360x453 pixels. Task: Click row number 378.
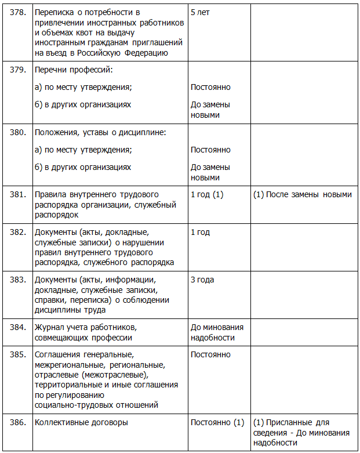[x=18, y=12]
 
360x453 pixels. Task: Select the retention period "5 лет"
[x=200, y=12]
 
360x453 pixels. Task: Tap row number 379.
[x=18, y=70]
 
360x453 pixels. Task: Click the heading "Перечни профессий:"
[x=73, y=70]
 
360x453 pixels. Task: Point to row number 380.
[x=18, y=132]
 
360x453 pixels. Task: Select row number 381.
[x=18, y=194]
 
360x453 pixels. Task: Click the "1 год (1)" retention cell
[x=207, y=194]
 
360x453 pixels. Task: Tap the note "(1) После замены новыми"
[x=303, y=194]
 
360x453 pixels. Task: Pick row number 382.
[x=18, y=232]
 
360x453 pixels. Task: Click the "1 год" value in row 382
[x=200, y=232]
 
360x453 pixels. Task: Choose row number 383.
[x=18, y=280]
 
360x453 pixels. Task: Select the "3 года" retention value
[x=202, y=280]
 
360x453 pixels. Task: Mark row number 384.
[x=18, y=327]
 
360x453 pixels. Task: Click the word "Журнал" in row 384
[x=49, y=327]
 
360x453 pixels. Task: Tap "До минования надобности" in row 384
[x=217, y=332]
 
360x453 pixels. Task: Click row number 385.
[x=18, y=354]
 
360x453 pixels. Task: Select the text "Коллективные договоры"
[x=81, y=423]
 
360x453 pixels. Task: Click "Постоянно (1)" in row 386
[x=217, y=423]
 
